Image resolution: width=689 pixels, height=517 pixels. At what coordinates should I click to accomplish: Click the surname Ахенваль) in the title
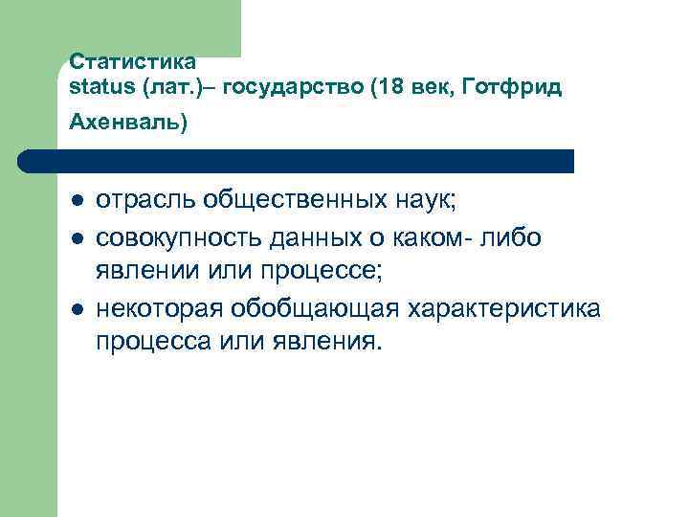tap(128, 124)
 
